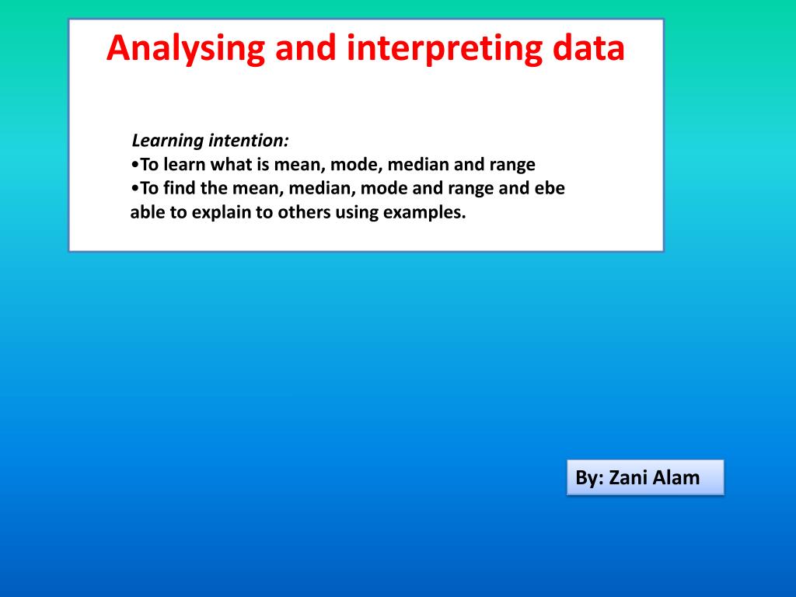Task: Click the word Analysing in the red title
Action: coord(186,49)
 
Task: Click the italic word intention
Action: coord(249,140)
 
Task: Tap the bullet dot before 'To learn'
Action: coord(134,165)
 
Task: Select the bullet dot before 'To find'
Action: coord(134,189)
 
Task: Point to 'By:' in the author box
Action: coord(589,479)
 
